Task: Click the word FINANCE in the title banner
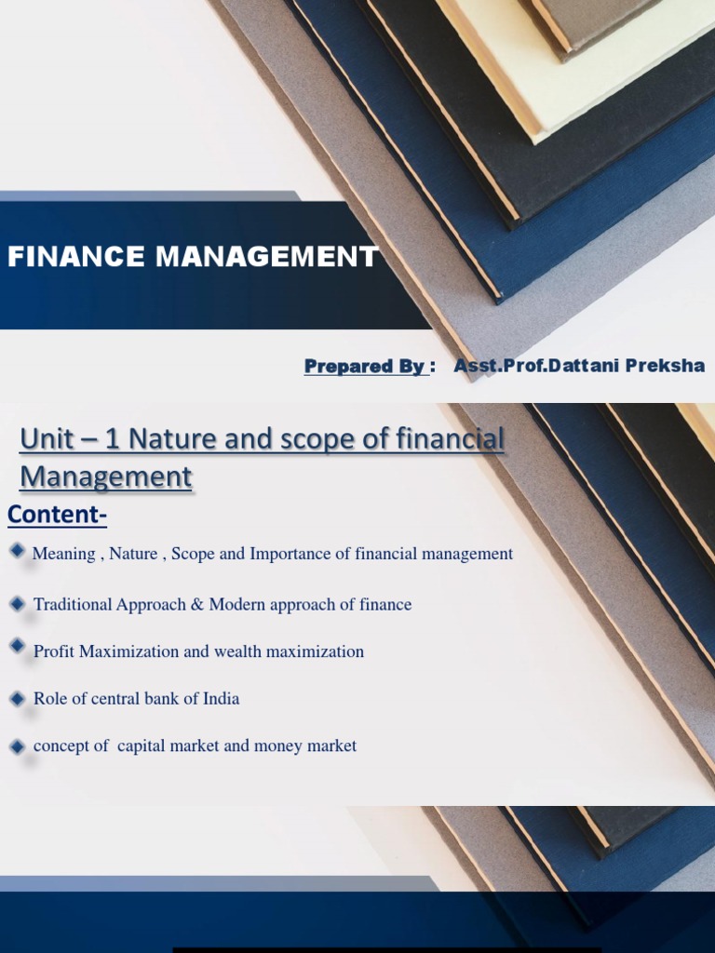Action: [x=65, y=256]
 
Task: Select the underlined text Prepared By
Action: [x=366, y=367]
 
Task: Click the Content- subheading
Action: [x=58, y=514]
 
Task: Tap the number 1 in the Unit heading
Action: [x=114, y=438]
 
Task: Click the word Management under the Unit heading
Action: [x=106, y=477]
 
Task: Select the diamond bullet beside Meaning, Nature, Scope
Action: [x=18, y=551]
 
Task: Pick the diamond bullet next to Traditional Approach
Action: [x=18, y=604]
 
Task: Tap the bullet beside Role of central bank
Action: [x=18, y=697]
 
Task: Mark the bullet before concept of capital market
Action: [x=18, y=745]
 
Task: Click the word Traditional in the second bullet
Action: [x=73, y=605]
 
